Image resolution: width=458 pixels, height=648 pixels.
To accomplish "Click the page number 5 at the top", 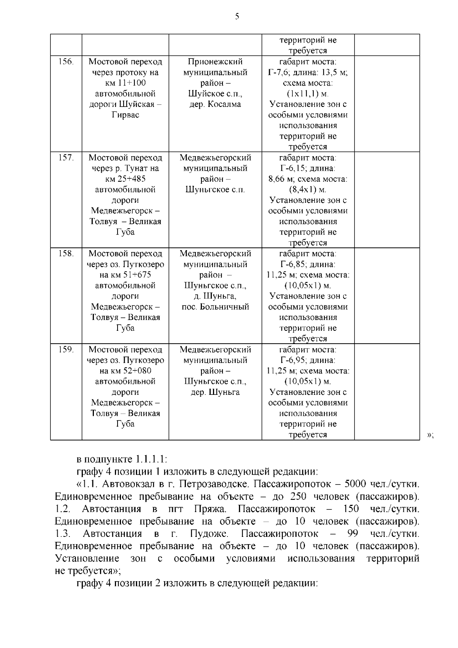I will [x=237, y=16].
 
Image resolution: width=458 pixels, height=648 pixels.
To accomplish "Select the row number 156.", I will [x=66, y=61].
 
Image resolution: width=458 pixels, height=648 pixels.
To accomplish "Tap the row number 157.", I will [x=66, y=157].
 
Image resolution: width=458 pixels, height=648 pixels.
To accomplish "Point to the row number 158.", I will [x=66, y=253].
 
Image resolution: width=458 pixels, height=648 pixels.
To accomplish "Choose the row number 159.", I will [x=66, y=349].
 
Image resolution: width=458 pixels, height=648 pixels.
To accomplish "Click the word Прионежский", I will [x=215, y=62].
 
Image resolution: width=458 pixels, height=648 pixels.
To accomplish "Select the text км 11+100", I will [x=125, y=83].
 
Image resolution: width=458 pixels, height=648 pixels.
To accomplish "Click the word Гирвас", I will [x=125, y=115].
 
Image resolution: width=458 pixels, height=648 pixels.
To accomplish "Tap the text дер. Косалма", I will [x=215, y=104].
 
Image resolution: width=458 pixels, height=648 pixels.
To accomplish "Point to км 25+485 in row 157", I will [x=125, y=179].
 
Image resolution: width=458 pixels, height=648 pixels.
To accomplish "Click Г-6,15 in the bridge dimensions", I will [x=293, y=168].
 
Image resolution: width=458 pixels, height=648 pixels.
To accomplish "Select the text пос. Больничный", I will [x=215, y=307].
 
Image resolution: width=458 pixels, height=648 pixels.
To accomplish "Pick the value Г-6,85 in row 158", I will [x=293, y=264].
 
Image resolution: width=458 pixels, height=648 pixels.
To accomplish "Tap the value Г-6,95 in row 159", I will [x=293, y=360].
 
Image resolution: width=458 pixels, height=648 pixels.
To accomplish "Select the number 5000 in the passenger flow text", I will [x=355, y=484].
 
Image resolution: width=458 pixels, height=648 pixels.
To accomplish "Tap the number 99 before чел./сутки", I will [x=353, y=533].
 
